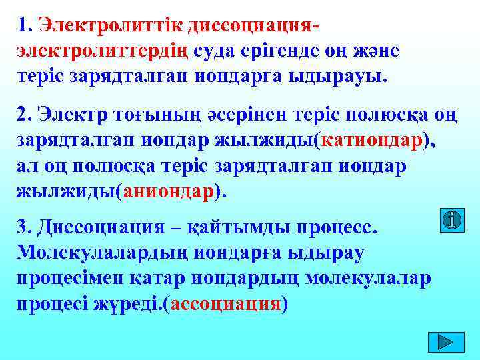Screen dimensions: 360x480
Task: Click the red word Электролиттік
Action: tap(111, 25)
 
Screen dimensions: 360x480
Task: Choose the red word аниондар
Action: tap(167, 191)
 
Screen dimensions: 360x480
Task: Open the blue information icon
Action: tap(453, 220)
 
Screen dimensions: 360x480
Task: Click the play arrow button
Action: tap(445, 341)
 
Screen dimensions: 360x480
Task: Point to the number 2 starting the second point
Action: tap(24, 115)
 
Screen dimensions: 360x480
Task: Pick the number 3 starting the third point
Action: tap(24, 226)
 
